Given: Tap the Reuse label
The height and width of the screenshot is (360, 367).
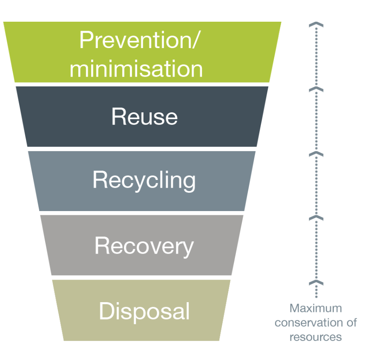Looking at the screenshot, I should click(144, 116).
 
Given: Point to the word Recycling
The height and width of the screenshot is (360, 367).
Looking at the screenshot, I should click(144, 180).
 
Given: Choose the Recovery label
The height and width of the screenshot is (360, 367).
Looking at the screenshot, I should click(144, 246).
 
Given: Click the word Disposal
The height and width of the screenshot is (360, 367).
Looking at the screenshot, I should click(144, 311).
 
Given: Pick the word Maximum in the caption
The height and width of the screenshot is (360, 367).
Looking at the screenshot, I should click(315, 308).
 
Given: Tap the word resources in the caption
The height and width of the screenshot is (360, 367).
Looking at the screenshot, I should click(315, 337).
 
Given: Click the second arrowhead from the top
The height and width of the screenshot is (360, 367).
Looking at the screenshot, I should click(316, 89).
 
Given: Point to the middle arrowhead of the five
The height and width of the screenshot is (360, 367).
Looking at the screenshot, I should click(316, 154).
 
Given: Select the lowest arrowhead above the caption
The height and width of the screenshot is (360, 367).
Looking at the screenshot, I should click(316, 283).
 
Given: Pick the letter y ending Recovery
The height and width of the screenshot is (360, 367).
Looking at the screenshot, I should click(188, 248).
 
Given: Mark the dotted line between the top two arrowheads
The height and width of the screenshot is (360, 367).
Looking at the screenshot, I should click(316, 57).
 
